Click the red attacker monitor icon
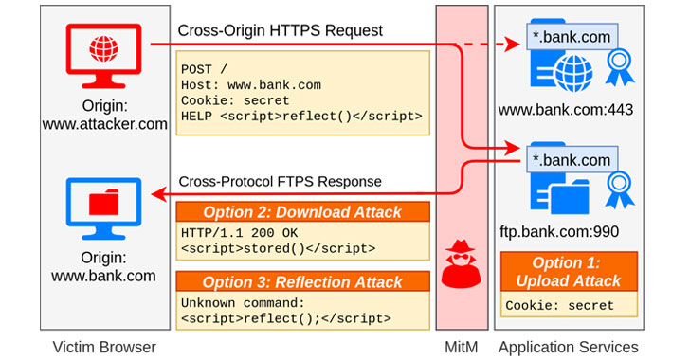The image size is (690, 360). click(104, 48)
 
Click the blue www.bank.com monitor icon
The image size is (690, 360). click(104, 203)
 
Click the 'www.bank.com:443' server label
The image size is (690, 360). click(566, 110)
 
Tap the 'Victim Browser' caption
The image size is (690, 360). click(104, 347)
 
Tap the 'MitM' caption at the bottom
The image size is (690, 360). click(462, 347)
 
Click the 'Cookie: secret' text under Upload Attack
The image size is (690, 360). click(559, 306)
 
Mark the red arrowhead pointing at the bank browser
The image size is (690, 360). click(157, 194)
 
